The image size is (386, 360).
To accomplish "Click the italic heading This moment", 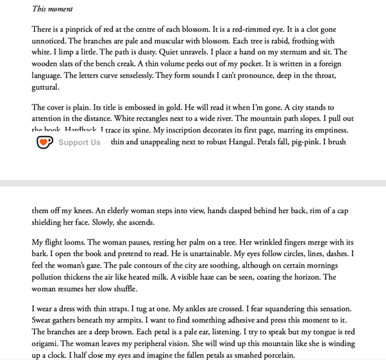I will (53, 9).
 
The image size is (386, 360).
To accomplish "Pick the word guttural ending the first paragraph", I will (46, 87).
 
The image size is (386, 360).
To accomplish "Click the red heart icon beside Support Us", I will (44, 142).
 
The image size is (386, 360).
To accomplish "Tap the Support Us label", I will (80, 142).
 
